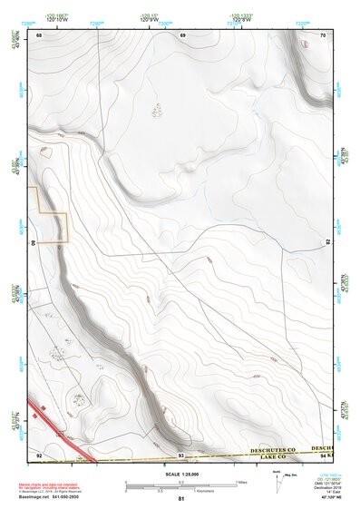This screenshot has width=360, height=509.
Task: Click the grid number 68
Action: (x=40, y=34)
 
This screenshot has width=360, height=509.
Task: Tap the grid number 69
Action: (x=182, y=34)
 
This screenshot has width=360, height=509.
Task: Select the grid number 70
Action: (x=323, y=34)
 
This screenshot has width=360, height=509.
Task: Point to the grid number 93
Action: (x=181, y=453)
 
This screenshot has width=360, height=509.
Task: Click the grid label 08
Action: (x=34, y=243)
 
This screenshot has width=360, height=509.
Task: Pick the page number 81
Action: (x=181, y=499)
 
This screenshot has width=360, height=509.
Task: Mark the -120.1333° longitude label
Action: (x=243, y=15)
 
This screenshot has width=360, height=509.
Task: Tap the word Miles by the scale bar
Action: (x=242, y=481)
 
